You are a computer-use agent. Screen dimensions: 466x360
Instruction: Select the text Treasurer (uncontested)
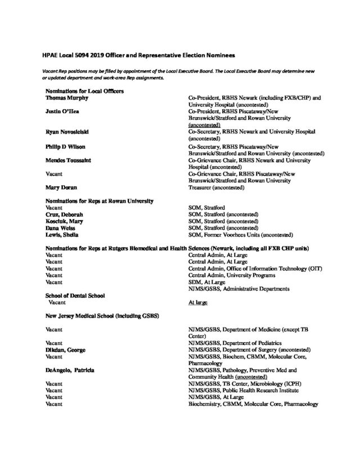(216, 187)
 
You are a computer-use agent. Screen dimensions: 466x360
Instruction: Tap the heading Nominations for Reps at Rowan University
(100, 201)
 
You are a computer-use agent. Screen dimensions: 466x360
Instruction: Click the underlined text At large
(199, 302)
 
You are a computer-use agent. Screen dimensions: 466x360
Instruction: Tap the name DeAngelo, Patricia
(69, 370)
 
